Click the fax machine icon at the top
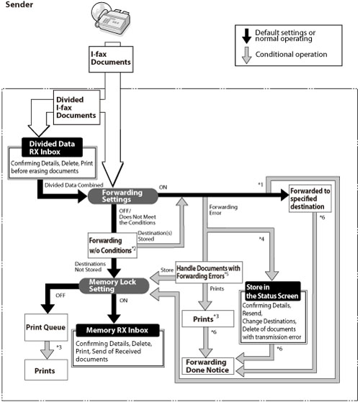(x=111, y=18)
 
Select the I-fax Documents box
(x=111, y=59)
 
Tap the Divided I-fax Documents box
(x=76, y=107)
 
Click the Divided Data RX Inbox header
(x=52, y=147)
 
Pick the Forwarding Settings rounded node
(x=122, y=196)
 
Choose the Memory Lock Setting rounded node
(x=114, y=285)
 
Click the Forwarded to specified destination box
(x=310, y=198)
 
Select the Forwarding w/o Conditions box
(x=112, y=245)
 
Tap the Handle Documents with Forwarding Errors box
(x=209, y=272)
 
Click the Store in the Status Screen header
(x=273, y=291)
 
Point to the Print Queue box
(x=46, y=327)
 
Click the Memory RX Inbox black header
(x=117, y=330)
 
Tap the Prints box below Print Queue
(x=46, y=370)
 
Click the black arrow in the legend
(x=246, y=36)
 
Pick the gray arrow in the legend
(x=246, y=55)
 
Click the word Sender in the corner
(x=19, y=4)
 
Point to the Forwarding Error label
(x=223, y=210)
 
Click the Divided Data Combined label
(x=74, y=185)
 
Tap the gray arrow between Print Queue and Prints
(x=47, y=350)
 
